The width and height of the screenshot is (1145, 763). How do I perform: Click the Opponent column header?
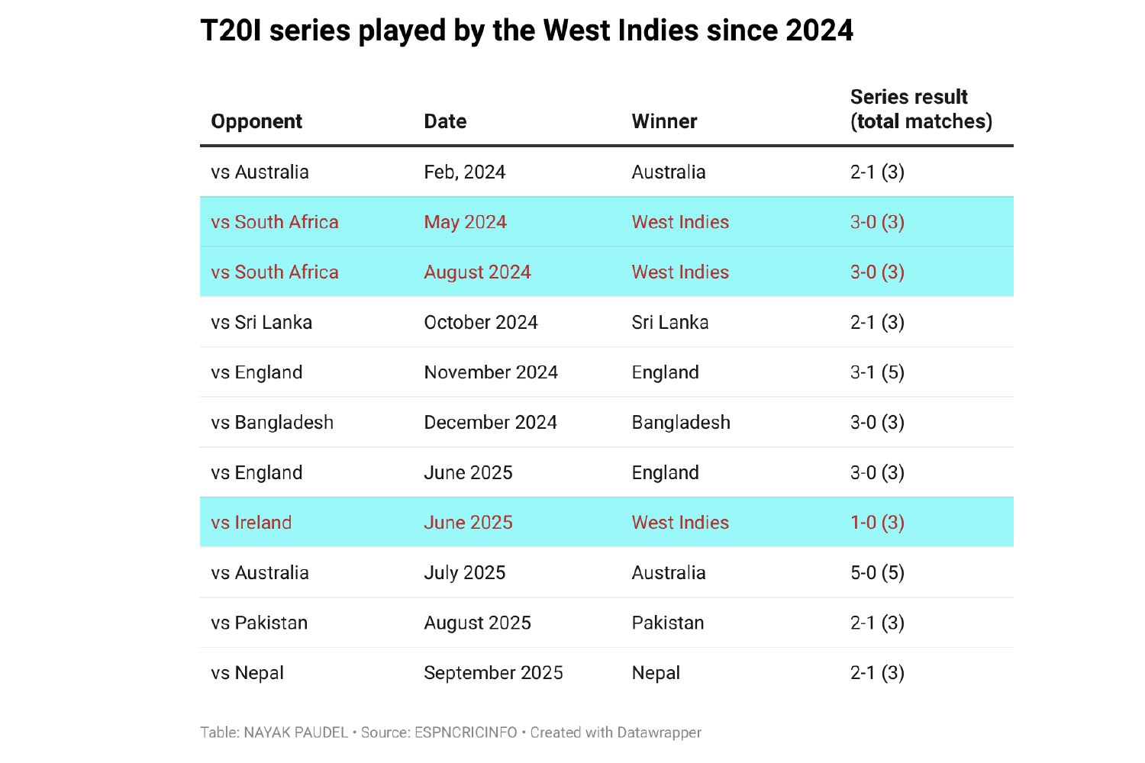pyautogui.click(x=256, y=121)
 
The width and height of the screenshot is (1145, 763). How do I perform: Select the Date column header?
pyautogui.click(x=445, y=121)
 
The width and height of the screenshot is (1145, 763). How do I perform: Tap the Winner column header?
pyautogui.click(x=664, y=121)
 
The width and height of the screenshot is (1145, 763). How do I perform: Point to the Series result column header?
pyautogui.click(x=921, y=109)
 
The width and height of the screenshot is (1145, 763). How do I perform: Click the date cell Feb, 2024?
pyautogui.click(x=464, y=172)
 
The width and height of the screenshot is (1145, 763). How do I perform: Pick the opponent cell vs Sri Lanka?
pyautogui.click(x=261, y=323)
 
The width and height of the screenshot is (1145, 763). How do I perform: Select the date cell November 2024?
pyautogui.click(x=491, y=372)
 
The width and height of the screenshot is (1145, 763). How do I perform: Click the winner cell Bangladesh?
pyautogui.click(x=681, y=423)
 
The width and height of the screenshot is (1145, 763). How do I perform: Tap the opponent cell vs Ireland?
pyautogui.click(x=251, y=523)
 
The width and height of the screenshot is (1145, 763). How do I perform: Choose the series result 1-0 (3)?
pyautogui.click(x=877, y=523)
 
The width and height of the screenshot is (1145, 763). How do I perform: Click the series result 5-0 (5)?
pyautogui.click(x=877, y=573)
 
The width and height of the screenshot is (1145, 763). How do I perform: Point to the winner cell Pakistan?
pyautogui.click(x=668, y=623)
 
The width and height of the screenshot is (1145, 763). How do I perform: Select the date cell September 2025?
pyautogui.click(x=493, y=673)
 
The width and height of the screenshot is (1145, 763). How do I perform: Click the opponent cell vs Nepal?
pyautogui.click(x=247, y=673)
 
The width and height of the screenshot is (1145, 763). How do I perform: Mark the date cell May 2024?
pyautogui.click(x=465, y=222)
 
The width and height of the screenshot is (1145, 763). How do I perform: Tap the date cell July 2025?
pyautogui.click(x=464, y=573)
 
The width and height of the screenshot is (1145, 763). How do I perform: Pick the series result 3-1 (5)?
pyautogui.click(x=877, y=372)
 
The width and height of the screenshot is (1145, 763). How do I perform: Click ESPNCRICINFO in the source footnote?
pyautogui.click(x=466, y=732)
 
